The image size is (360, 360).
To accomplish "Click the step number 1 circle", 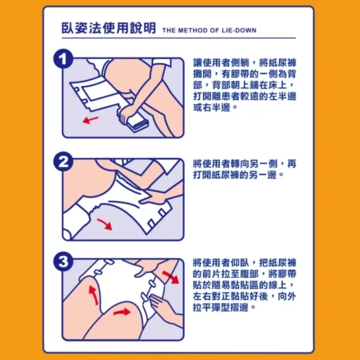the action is [x=64, y=58].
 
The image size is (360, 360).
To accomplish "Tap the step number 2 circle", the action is [x=64, y=161].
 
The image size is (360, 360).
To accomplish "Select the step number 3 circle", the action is [x=64, y=262].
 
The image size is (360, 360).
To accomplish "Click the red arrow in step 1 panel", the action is [x=90, y=120].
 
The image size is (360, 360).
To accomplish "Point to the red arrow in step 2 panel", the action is [x=105, y=224].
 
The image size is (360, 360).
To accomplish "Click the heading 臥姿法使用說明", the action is [x=109, y=28].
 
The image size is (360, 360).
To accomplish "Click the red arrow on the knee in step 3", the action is [x=122, y=312].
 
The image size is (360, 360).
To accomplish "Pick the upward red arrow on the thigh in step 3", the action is [x=93, y=295].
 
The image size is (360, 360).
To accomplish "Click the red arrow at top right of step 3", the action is [x=171, y=277].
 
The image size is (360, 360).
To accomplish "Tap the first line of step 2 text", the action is [x=245, y=164].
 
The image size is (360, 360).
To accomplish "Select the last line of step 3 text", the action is [x=224, y=307].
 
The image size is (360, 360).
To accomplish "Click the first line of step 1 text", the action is [x=245, y=62].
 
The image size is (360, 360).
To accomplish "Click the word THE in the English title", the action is [x=169, y=30].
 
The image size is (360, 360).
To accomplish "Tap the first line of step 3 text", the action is [x=245, y=263].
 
